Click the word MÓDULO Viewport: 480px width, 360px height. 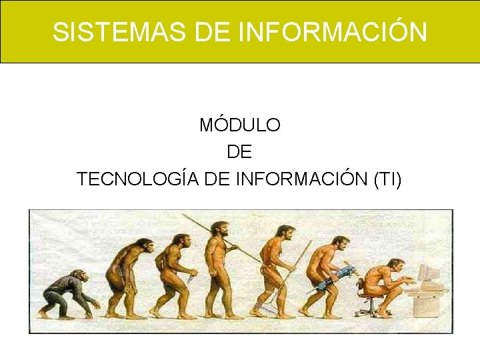(240, 125)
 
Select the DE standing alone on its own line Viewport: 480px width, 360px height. (239, 152)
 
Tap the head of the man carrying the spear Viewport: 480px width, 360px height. (217, 228)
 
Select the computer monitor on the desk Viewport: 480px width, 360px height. (429, 273)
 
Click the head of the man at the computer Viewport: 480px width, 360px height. (396, 266)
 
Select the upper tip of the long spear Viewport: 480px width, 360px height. (183, 215)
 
